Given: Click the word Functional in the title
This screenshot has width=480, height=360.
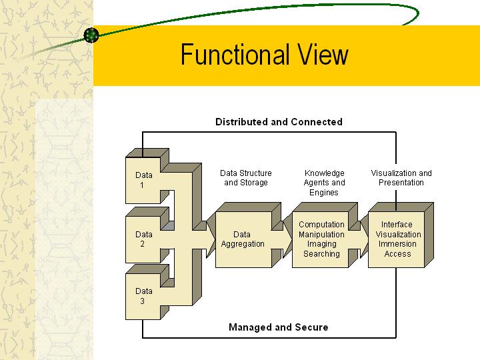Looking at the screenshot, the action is pos(235,55).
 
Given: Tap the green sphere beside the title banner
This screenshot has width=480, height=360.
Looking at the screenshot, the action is pos(91,35).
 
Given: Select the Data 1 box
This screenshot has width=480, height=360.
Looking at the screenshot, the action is pos(143,180).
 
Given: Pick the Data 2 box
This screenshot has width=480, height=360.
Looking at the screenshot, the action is pos(143,239).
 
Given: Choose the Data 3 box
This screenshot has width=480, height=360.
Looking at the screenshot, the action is pos(143,296).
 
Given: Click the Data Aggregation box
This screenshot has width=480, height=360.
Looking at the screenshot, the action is pos(243,239).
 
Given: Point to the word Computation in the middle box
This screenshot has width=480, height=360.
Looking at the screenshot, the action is pos(321,225).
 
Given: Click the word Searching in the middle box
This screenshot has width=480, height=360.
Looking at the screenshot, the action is pos(321,254).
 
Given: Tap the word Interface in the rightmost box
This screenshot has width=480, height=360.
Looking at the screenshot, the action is pos(397,225).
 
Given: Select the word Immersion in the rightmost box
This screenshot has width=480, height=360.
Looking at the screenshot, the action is pos(397,244).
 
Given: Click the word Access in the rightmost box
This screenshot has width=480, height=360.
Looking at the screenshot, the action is pos(397,254).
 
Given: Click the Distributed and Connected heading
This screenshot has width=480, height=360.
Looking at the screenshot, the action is pos(279,122).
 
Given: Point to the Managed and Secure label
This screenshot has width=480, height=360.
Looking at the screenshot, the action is pos(278,327).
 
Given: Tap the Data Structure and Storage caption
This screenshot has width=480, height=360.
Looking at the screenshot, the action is pos(246,178).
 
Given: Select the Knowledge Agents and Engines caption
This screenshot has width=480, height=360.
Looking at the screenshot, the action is pos(324,183).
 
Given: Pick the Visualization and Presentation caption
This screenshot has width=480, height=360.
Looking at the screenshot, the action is pos(401,178).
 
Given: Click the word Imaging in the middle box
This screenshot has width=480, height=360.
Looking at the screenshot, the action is pos(322,244).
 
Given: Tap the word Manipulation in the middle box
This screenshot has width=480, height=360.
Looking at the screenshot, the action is pos(321,234).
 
